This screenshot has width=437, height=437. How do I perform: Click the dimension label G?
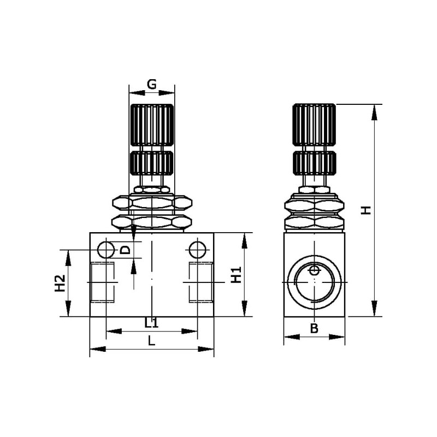pos(152,84)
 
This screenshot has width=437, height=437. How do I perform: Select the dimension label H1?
pos(236,275)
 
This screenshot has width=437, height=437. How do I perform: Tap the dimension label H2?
pos(60,284)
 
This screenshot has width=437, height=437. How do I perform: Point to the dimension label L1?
pos(151,323)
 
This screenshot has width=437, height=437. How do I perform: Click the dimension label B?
pos(314,329)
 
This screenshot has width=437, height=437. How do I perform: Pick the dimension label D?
pos(126,250)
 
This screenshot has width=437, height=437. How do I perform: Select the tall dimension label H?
pos(366,210)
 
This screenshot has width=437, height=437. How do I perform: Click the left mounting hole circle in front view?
pos(106,250)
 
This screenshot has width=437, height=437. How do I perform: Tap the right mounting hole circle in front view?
pos(198,250)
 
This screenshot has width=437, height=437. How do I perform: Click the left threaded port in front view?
pos(103,282)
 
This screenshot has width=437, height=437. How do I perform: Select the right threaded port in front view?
pos(201,282)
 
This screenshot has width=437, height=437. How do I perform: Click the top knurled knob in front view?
pos(152,125)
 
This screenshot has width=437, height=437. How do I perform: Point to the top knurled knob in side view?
pos(314,125)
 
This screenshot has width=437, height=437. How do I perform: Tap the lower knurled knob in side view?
pos(314,163)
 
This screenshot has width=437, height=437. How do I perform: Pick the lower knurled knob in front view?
pos(152,163)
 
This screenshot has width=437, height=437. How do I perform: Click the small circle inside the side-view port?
pos(315,270)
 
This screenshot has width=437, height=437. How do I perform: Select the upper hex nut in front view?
pos(152,202)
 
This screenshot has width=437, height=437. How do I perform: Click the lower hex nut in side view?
pos(315,222)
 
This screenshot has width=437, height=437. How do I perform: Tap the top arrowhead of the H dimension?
pos(375,113)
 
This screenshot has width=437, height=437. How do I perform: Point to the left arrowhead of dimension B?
pos(292,337)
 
